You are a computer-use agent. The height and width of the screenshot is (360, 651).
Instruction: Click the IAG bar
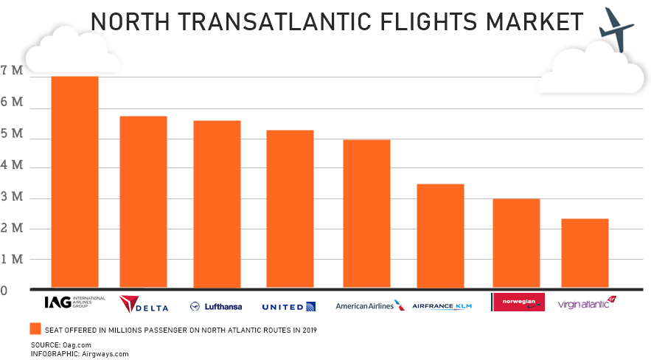[74, 181]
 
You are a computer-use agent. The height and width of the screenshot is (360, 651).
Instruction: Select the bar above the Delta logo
[143, 201]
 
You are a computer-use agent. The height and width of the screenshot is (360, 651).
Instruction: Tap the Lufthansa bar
[217, 204]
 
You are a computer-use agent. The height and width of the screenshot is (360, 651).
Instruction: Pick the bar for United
[290, 209]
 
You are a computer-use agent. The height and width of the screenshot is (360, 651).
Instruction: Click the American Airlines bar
[366, 213]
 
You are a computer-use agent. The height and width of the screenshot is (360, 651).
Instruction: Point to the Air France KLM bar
[440, 235]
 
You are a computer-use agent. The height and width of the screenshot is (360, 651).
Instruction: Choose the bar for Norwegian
[516, 243]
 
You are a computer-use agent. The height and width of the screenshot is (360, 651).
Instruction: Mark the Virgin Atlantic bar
[585, 253]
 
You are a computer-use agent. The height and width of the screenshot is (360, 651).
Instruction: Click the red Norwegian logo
[517, 302]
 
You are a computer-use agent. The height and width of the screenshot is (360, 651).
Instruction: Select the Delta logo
[144, 305]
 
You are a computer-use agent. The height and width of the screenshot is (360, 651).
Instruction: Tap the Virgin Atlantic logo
[586, 303]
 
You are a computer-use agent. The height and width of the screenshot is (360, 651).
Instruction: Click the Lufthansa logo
[216, 306]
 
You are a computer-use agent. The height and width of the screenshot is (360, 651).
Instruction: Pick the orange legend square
[34, 329]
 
